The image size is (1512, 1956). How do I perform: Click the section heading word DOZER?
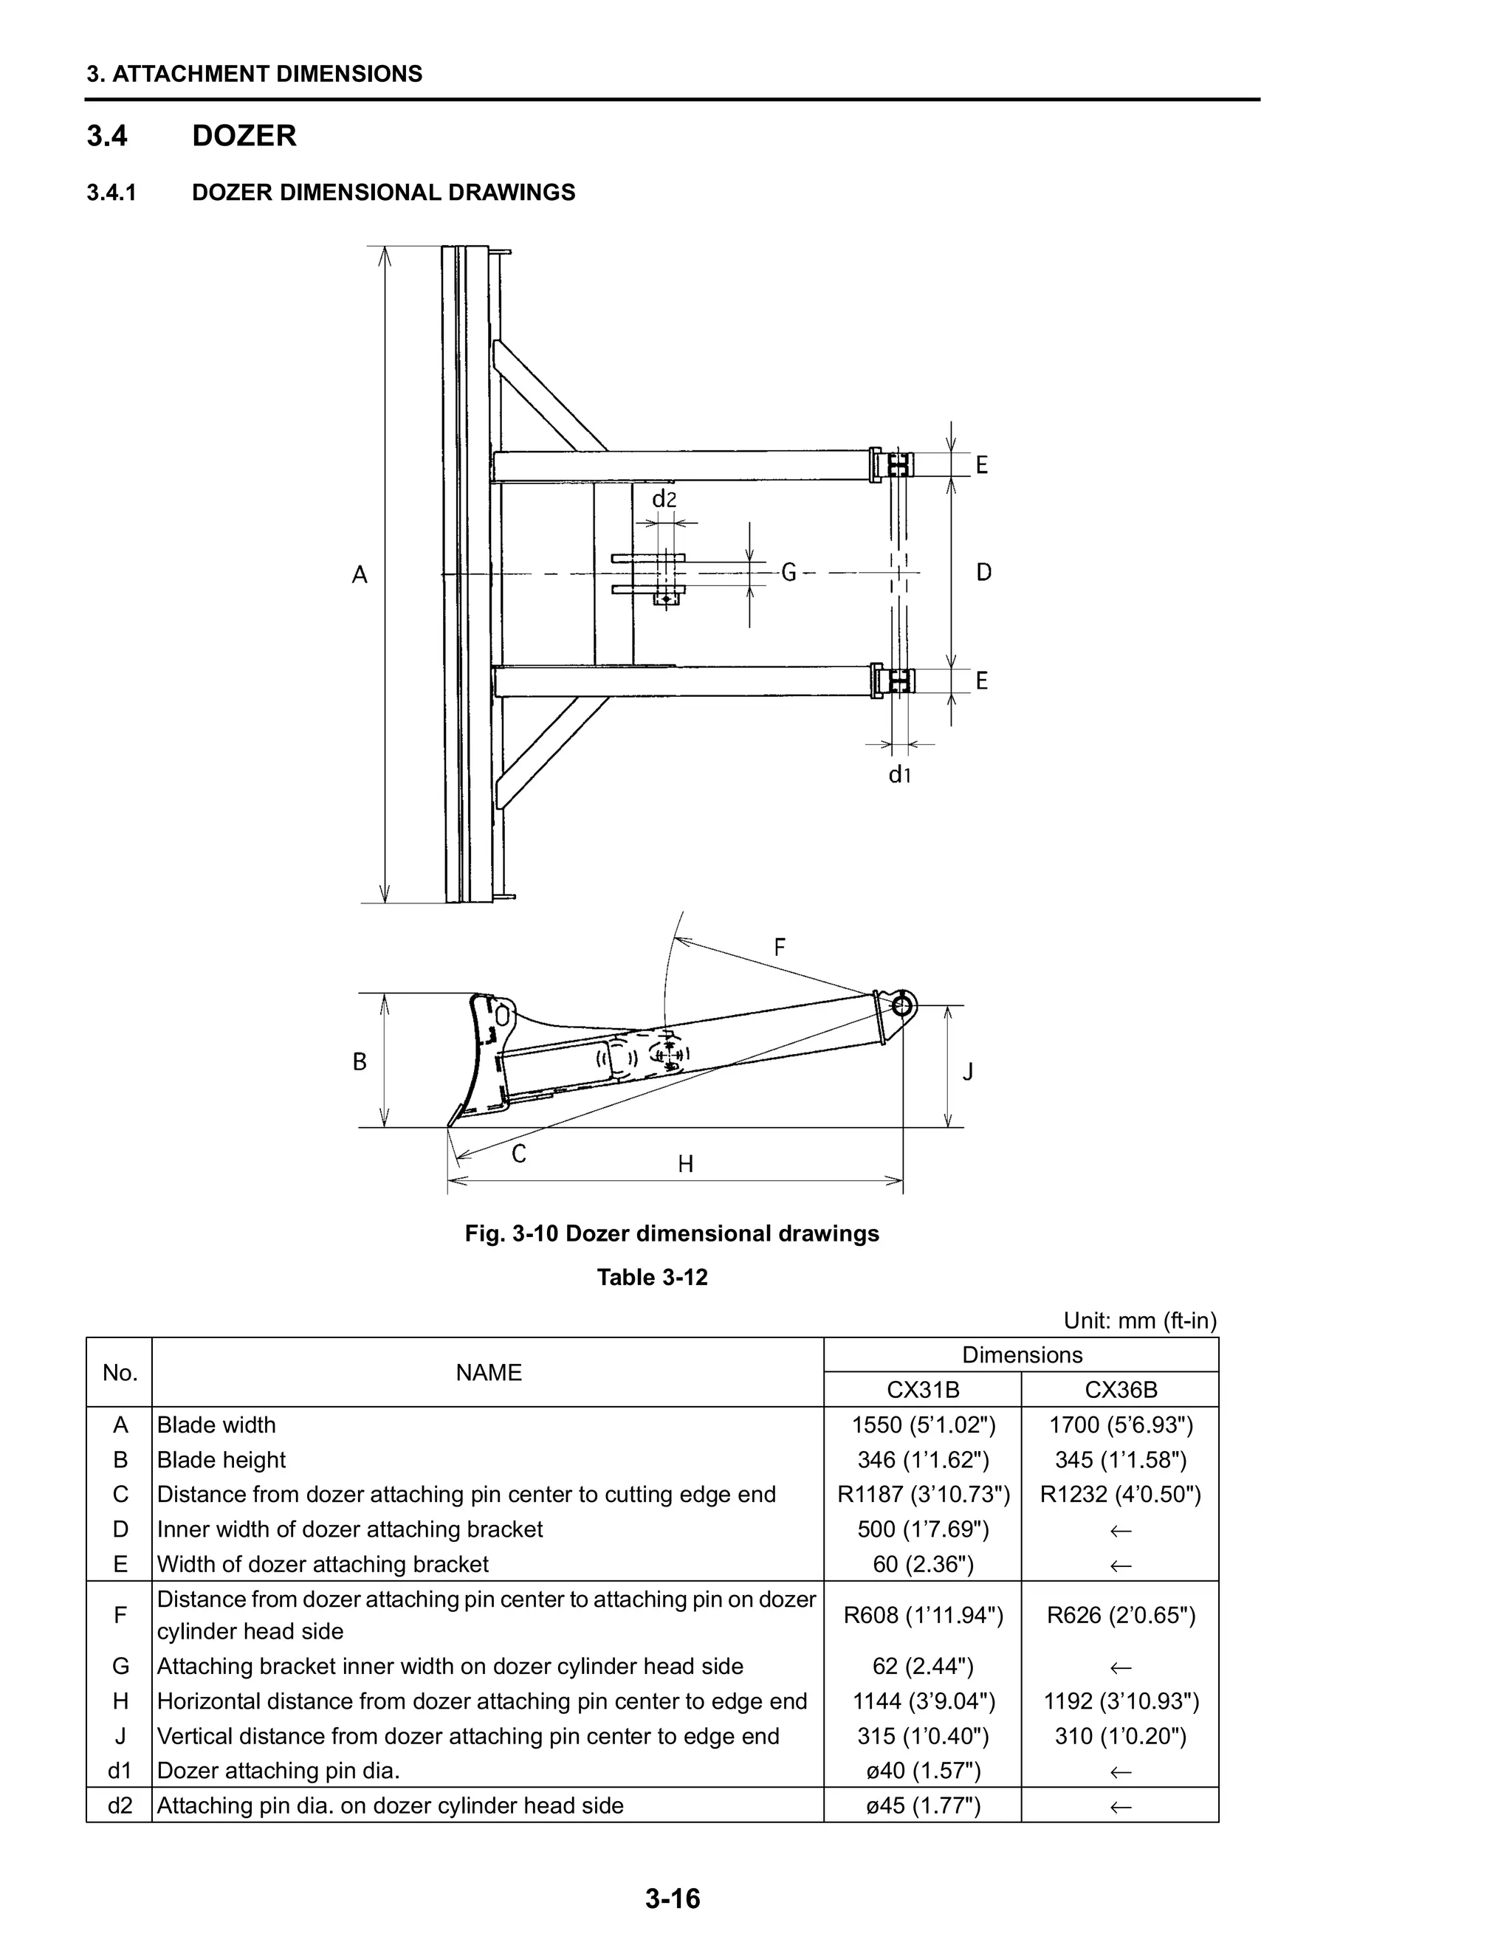244,136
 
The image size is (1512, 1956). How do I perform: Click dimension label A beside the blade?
360,575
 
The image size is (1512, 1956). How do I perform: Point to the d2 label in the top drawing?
664,500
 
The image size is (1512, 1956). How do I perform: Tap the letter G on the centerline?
788,572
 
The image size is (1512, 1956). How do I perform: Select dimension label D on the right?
983,572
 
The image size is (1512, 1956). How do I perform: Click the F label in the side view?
780,947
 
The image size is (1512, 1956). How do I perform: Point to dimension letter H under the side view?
685,1164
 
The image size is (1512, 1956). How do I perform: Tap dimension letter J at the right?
967,1071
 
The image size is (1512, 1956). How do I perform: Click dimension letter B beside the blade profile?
360,1062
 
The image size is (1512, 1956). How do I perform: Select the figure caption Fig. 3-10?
671,1233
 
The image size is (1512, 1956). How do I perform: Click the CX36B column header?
1121,1389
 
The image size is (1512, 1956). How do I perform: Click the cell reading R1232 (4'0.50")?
1121,1494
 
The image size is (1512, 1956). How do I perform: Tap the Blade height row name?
221,1460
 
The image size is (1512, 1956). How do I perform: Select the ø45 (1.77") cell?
923,1805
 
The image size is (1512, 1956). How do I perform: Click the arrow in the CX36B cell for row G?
1121,1667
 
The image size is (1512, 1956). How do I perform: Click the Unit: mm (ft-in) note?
1139,1320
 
